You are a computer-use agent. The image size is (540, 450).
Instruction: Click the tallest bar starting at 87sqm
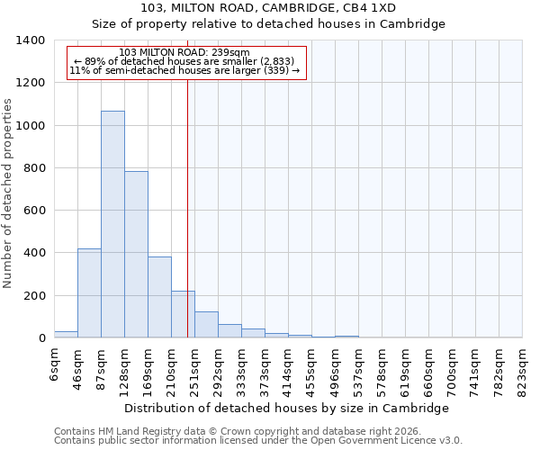[112, 225]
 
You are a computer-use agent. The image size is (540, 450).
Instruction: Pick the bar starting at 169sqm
[159, 297]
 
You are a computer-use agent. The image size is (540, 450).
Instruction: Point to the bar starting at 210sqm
[183, 314]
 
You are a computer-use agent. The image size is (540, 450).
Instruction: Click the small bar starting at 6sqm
[66, 334]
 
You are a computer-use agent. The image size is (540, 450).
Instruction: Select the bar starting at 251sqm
[206, 325]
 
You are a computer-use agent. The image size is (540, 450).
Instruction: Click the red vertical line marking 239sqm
[187, 198]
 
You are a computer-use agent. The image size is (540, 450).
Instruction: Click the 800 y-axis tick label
[34, 168]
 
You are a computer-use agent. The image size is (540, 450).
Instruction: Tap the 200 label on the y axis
[34, 296]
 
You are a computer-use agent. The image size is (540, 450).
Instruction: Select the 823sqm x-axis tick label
[523, 371]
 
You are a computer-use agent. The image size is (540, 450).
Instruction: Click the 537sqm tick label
[359, 371]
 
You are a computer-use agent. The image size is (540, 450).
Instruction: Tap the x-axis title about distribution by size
[286, 408]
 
